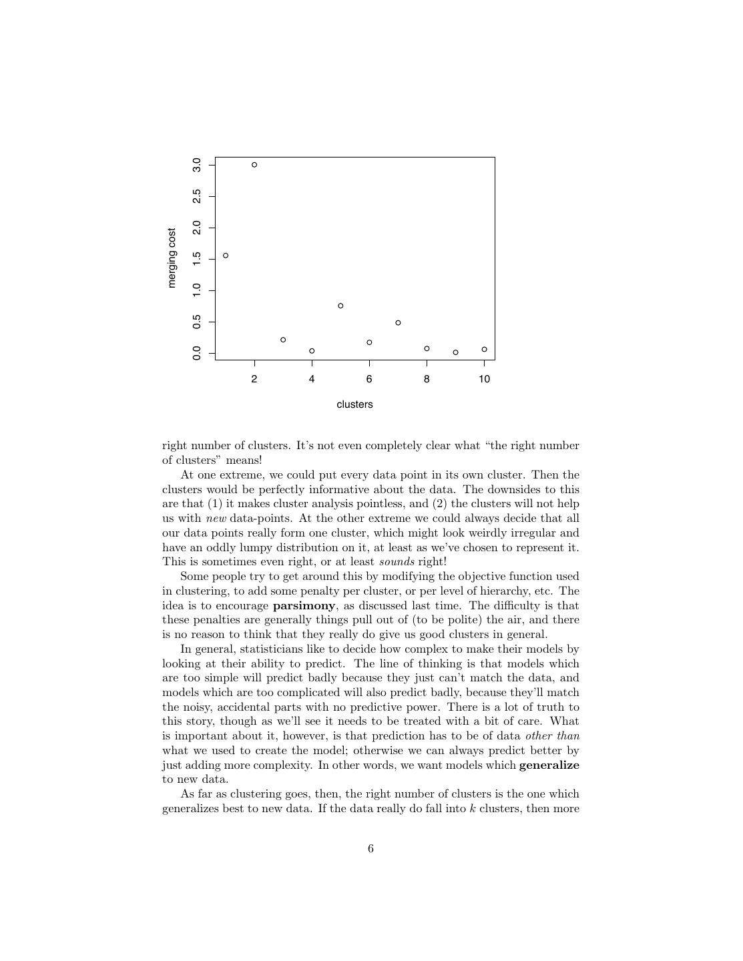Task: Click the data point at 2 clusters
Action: tap(254, 165)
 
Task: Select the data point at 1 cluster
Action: tap(226, 256)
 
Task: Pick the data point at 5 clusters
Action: tap(340, 306)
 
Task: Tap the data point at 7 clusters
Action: tap(398, 323)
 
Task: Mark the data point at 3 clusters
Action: tap(283, 340)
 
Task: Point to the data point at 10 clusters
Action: tap(484, 350)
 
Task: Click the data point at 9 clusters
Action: tap(455, 352)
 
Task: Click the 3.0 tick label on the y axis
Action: tap(197, 165)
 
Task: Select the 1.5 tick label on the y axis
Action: tap(197, 259)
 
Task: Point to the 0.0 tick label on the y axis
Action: tap(197, 353)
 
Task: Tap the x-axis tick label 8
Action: tap(427, 379)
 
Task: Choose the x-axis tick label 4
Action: tap(312, 379)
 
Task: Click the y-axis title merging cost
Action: tap(172, 258)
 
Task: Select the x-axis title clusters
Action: tap(354, 404)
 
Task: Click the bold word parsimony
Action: tap(304, 606)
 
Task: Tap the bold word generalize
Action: tap(549, 765)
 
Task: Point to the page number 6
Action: tap(370, 849)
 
